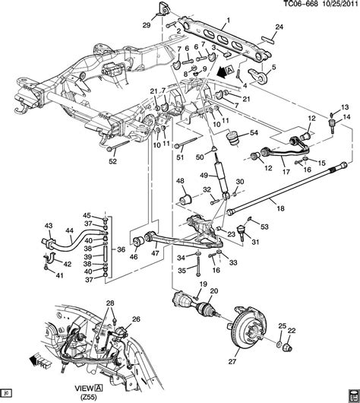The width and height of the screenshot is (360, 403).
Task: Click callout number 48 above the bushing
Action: [181, 181]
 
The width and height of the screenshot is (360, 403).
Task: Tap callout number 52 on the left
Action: [112, 160]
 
